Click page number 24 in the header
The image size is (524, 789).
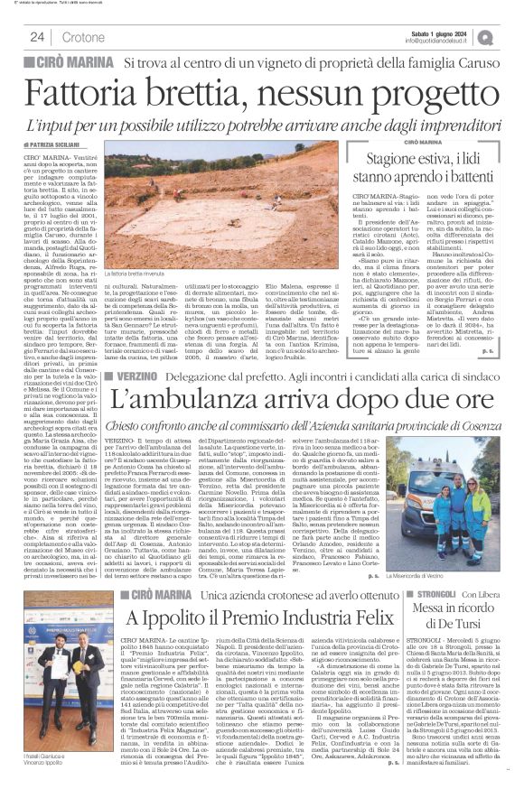[x=37, y=37]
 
